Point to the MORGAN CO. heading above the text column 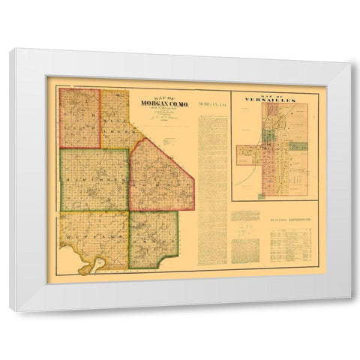pos(212,104)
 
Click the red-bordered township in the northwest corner pos(79,118)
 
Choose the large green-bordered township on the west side pos(94,179)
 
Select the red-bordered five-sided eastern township pos(160,176)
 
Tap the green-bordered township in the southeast pos(153,239)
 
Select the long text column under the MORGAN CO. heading pos(212,187)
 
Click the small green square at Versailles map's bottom pos(262,196)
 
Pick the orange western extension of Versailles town pos(247,155)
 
